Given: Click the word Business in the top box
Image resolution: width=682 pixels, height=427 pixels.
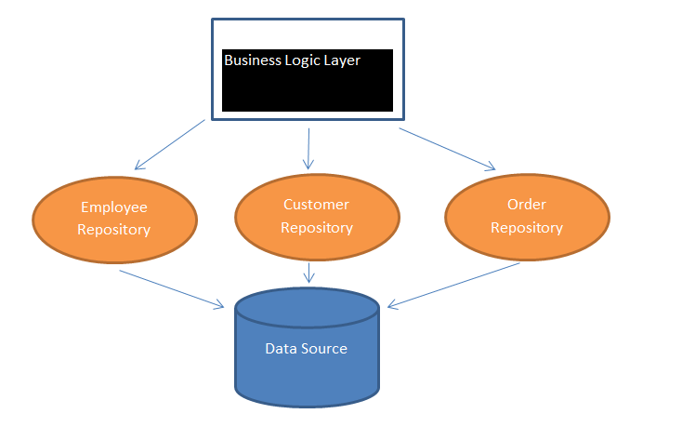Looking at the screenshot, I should pyautogui.click(x=252, y=60).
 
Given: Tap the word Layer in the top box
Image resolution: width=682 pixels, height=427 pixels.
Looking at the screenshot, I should pyautogui.click(x=340, y=60).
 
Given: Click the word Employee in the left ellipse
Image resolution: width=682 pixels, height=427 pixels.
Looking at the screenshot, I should pyautogui.click(x=113, y=207).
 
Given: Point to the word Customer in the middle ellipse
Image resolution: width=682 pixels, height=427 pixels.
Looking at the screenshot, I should pyautogui.click(x=316, y=205).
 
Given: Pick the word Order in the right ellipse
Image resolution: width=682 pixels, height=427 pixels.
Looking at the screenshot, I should pyautogui.click(x=526, y=205).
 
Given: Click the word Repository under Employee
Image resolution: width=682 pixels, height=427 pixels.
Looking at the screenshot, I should pyautogui.click(x=113, y=230).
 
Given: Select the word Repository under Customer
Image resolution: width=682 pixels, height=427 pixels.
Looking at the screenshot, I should pyautogui.click(x=316, y=227).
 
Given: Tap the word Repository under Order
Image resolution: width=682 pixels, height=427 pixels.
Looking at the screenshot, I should pyautogui.click(x=526, y=227).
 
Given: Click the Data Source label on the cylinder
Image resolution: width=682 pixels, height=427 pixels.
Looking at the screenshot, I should pyautogui.click(x=306, y=349).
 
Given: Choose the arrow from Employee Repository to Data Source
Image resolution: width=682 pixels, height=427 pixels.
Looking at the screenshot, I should pyautogui.click(x=172, y=288).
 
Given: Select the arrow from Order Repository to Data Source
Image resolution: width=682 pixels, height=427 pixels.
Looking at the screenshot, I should pyautogui.click(x=453, y=285).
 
